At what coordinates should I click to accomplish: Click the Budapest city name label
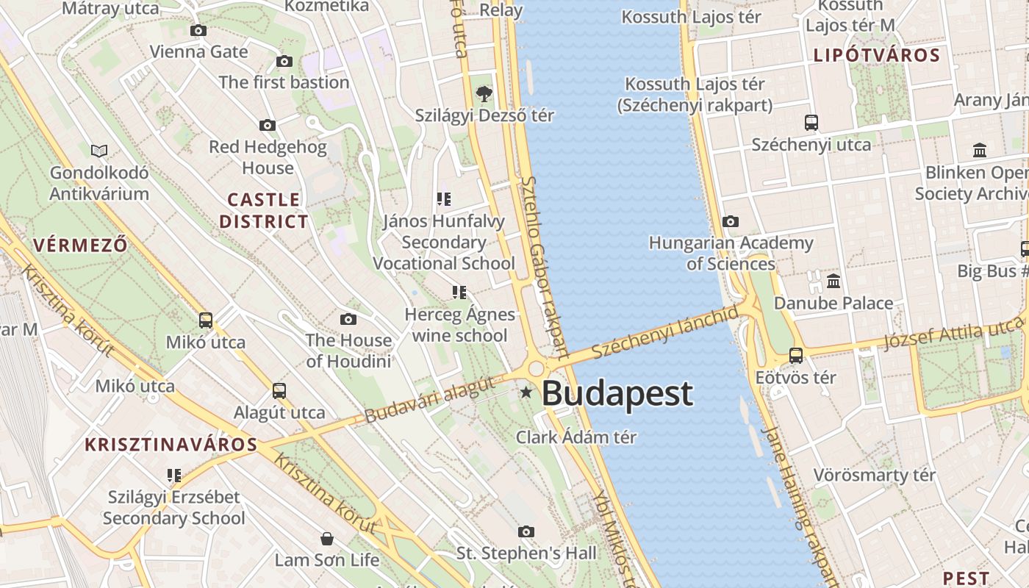pyautogui.click(x=617, y=394)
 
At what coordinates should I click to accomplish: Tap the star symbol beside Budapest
pyautogui.click(x=526, y=392)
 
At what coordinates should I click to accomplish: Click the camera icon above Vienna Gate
pyautogui.click(x=198, y=30)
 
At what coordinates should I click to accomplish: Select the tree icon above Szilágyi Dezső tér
pyautogui.click(x=484, y=93)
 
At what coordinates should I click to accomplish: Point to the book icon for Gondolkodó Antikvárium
pyautogui.click(x=99, y=151)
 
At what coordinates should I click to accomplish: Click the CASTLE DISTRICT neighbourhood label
pyautogui.click(x=264, y=210)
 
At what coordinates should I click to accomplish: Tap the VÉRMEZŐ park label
pyautogui.click(x=80, y=245)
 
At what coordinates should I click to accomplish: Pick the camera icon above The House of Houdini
pyautogui.click(x=348, y=319)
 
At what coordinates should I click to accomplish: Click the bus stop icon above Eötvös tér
pyautogui.click(x=795, y=356)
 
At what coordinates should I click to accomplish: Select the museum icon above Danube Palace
pyautogui.click(x=833, y=281)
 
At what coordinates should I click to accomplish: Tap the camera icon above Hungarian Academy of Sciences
pyautogui.click(x=731, y=221)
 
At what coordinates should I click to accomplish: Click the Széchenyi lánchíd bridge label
pyautogui.click(x=664, y=332)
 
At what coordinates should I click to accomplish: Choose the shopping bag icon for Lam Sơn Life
pyautogui.click(x=327, y=539)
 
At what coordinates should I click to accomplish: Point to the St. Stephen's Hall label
pyautogui.click(x=527, y=553)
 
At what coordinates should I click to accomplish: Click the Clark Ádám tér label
pyautogui.click(x=576, y=437)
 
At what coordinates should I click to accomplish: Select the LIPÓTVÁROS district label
pyautogui.click(x=877, y=56)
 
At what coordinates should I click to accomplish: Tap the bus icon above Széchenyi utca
pyautogui.click(x=811, y=123)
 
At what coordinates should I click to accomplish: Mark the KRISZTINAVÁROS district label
pyautogui.click(x=171, y=445)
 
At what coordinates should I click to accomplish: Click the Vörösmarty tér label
pyautogui.click(x=874, y=475)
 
